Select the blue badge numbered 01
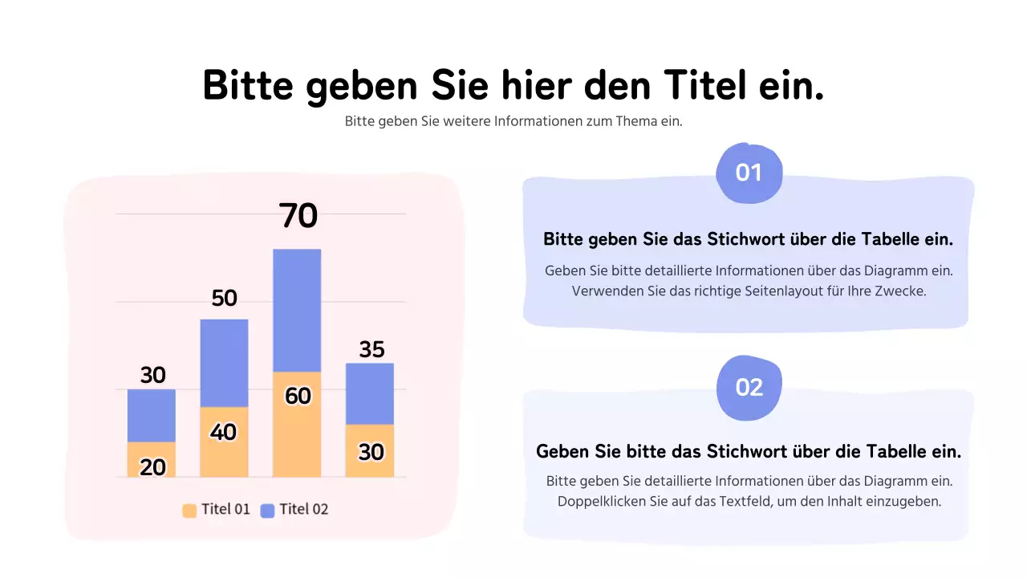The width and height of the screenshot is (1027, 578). tap(749, 173)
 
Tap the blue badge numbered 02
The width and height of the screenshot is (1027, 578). tap(749, 388)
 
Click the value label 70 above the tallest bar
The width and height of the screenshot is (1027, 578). tap(298, 216)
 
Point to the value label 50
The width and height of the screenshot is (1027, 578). tap(225, 299)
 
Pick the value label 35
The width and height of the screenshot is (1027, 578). tap(371, 350)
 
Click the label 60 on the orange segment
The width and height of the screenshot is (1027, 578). tap(298, 397)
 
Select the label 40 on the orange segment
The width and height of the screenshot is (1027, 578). tap(223, 433)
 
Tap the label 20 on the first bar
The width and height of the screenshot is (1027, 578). tap(152, 467)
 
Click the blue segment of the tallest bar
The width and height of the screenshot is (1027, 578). tap(297, 309)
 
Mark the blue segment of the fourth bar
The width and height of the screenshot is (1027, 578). tap(370, 393)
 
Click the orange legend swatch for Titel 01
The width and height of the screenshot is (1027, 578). tap(189, 511)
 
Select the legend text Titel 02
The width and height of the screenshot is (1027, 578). tap(304, 509)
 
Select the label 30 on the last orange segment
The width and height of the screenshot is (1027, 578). tap(371, 453)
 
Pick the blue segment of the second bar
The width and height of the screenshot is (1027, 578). tap(224, 363)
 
